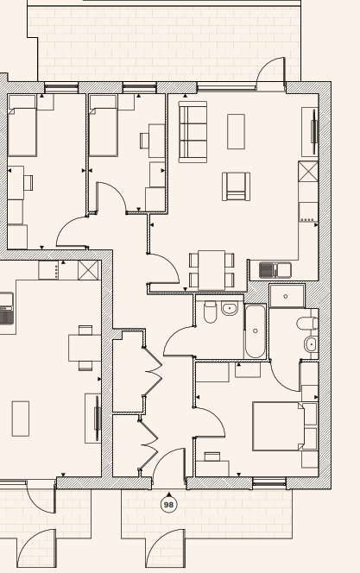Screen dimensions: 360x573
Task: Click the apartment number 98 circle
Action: [168, 505]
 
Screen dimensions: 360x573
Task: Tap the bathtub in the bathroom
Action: [255, 331]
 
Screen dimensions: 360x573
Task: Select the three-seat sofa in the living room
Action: [193, 131]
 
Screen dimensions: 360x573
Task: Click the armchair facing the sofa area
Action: [236, 186]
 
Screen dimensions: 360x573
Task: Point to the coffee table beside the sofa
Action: [236, 131]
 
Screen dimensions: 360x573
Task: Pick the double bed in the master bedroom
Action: [279, 426]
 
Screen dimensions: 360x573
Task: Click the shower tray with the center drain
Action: [287, 296]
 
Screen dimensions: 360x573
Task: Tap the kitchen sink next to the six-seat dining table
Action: [275, 270]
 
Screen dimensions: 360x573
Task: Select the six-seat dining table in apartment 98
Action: [212, 270]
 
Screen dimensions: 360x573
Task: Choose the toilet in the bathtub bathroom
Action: [210, 312]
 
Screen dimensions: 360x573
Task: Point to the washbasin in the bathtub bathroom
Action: [229, 309]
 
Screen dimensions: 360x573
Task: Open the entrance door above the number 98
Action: [169, 464]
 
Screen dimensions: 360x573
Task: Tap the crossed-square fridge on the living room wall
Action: [308, 172]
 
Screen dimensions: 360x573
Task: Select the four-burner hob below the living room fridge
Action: [308, 212]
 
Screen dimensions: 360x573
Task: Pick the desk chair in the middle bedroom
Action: [145, 141]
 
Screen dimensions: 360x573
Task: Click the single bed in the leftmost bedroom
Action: [22, 125]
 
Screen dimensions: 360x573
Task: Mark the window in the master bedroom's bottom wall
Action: [269, 482]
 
